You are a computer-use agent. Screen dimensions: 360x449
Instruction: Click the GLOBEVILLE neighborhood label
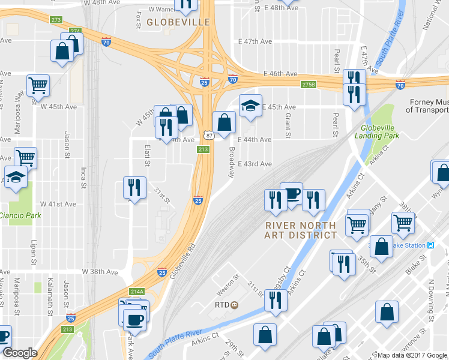(178, 22)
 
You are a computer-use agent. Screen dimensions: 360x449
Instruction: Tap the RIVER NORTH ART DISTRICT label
(301, 230)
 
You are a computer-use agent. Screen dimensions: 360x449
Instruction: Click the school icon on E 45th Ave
(250, 106)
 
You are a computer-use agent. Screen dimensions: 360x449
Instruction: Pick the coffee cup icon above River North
(291, 193)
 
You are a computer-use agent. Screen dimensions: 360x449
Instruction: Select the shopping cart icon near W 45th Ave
(38, 85)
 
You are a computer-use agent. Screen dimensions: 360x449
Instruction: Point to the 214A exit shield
(137, 292)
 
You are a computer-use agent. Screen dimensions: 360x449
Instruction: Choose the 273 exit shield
(56, 20)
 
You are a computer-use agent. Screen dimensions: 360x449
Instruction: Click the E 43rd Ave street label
(255, 164)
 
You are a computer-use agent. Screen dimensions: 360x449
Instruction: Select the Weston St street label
(228, 277)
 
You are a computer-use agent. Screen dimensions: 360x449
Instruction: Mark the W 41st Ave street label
(58, 204)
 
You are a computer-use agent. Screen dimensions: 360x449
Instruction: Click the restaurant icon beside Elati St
(134, 188)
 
